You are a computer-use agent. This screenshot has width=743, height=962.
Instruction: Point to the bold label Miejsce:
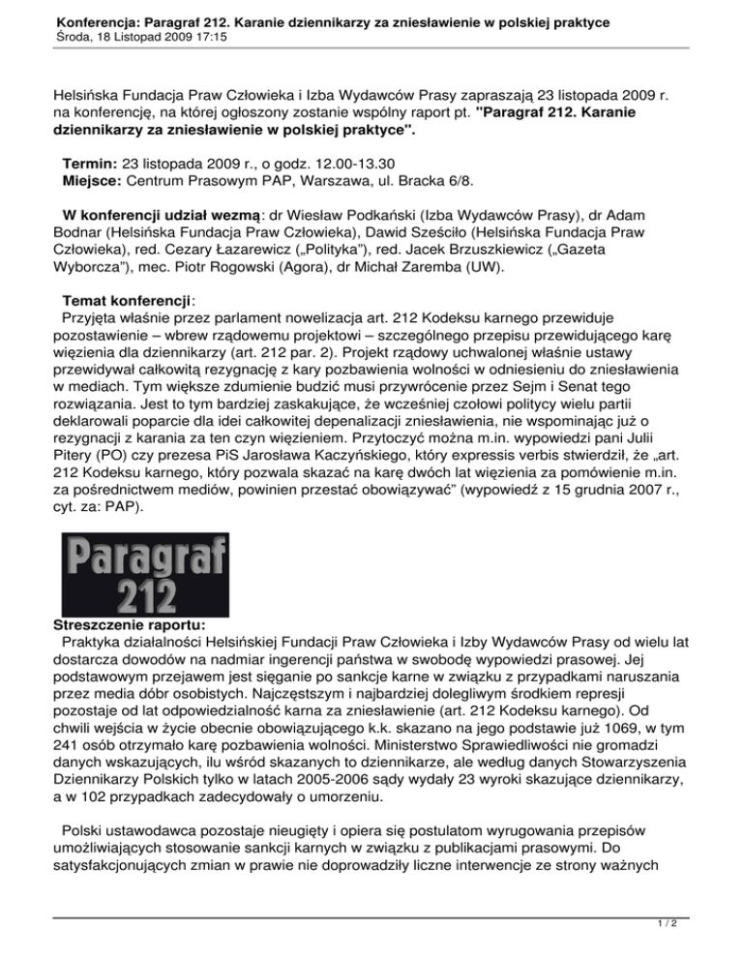click(95, 183)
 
